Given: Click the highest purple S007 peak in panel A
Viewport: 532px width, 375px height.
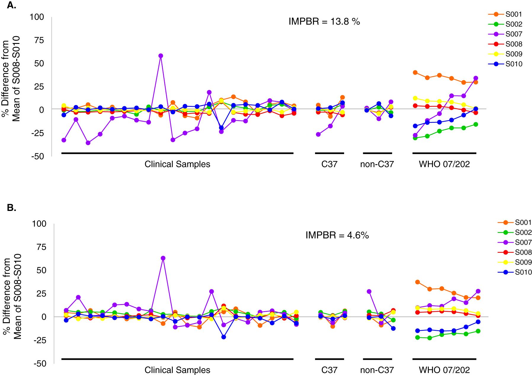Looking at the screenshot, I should [x=161, y=56].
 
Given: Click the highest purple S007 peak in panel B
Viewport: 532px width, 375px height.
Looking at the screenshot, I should [x=163, y=258].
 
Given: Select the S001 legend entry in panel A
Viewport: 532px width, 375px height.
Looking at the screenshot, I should [x=513, y=14].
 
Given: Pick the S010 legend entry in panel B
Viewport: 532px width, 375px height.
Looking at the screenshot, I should [x=523, y=272].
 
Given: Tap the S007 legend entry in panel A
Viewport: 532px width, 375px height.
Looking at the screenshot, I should [x=513, y=34].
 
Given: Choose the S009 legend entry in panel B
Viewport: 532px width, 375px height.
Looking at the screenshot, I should [x=523, y=262].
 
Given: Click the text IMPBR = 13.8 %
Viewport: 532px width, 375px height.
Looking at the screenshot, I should [x=324, y=22].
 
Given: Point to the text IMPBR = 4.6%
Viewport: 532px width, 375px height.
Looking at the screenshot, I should [x=337, y=235].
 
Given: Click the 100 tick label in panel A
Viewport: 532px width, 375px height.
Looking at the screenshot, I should [x=37, y=17].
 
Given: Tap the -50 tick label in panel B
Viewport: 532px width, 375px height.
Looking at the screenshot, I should [x=39, y=363].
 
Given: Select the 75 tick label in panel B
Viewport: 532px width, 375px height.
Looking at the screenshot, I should [x=41, y=247].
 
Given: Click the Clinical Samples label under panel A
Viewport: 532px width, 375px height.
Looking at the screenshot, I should [x=177, y=164].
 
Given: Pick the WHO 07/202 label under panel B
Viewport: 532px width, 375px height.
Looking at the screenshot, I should [x=444, y=370].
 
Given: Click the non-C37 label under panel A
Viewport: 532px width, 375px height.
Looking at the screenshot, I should [x=377, y=164].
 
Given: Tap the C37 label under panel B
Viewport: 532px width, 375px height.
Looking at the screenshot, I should [x=329, y=370].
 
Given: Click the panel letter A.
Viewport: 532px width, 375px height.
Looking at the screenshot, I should [x=11, y=5].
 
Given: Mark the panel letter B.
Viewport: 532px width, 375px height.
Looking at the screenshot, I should [x=11, y=208].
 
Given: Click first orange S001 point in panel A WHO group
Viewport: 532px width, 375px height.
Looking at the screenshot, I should [x=415, y=73].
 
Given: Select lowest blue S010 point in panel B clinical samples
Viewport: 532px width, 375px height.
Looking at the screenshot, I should [x=223, y=337].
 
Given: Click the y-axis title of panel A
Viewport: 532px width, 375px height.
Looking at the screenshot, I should [x=11, y=79].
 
